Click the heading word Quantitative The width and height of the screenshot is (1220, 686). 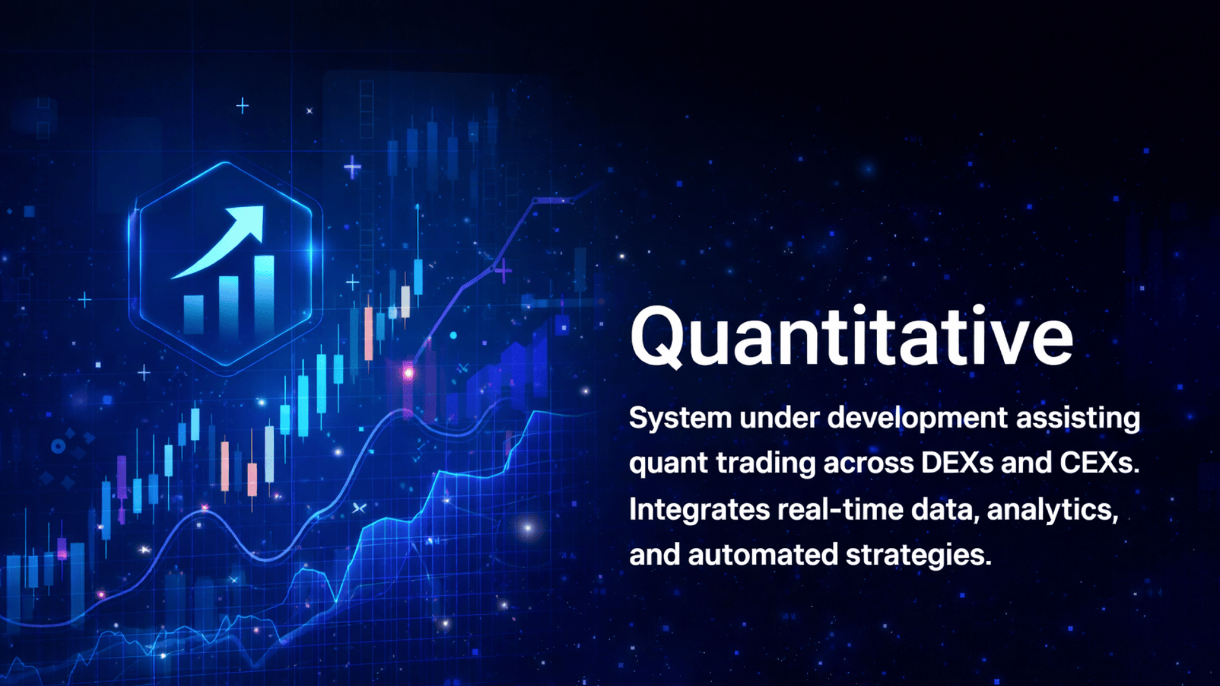pyautogui.click(x=851, y=337)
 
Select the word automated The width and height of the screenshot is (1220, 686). pyautogui.click(x=763, y=555)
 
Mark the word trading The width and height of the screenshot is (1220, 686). pyautogui.click(x=766, y=463)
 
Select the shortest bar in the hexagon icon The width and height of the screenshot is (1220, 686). pyautogui.click(x=194, y=314)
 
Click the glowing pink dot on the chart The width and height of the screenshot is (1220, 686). pyautogui.click(x=409, y=373)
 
